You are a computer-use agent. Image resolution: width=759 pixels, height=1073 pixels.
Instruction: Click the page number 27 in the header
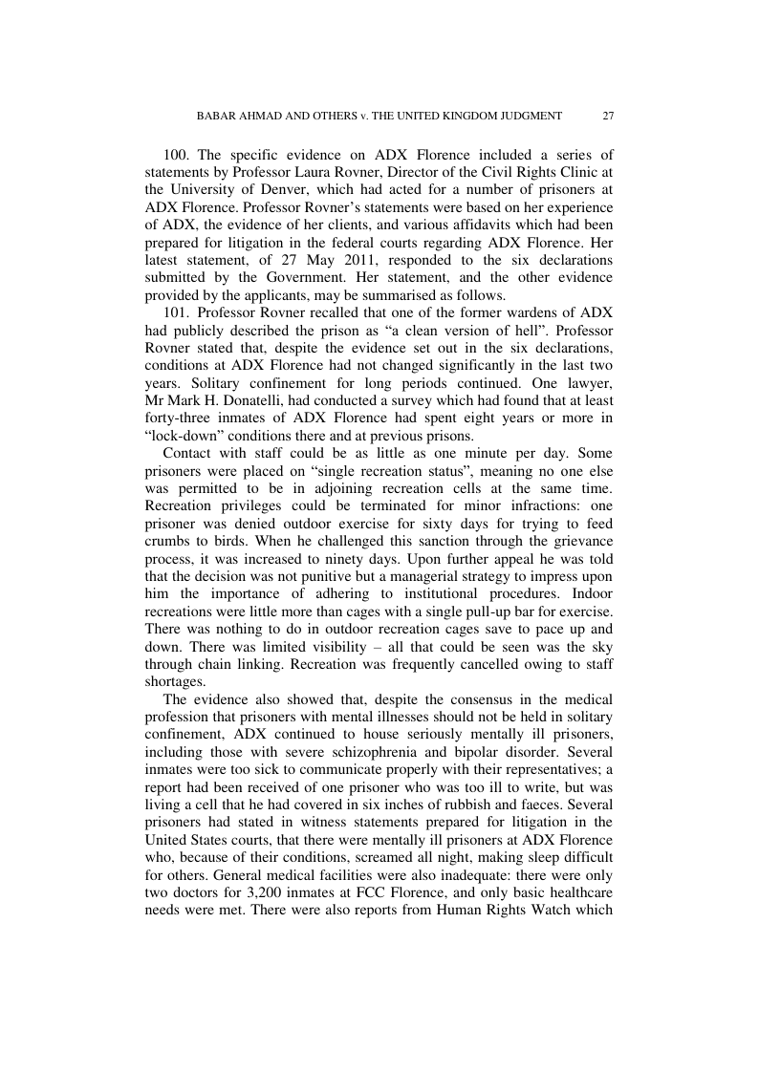click(x=608, y=116)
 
